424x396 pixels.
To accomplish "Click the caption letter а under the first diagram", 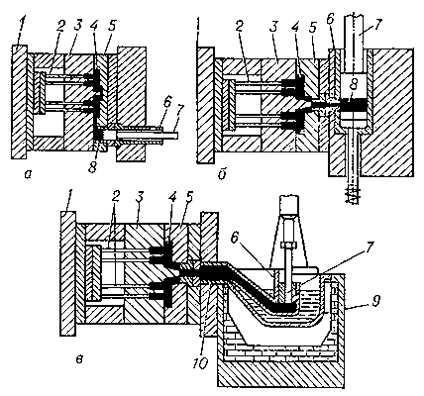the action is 29,174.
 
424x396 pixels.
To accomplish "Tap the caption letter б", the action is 222,174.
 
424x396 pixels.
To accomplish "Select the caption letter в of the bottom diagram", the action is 78,359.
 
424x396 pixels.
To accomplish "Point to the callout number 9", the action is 377,301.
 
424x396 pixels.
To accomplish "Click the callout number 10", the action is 201,363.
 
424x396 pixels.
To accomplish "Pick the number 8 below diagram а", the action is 92,167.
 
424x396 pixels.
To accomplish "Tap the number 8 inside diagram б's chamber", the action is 354,85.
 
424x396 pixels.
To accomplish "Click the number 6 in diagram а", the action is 167,103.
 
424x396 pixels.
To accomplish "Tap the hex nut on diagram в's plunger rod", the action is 286,246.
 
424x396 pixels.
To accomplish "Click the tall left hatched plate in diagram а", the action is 19,102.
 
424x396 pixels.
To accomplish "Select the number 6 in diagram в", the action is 236,239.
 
